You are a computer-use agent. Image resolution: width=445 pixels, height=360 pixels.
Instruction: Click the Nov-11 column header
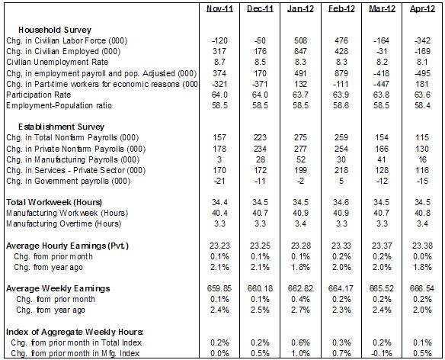tap(219, 9)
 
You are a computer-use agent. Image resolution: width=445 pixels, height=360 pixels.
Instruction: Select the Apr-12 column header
tap(422, 9)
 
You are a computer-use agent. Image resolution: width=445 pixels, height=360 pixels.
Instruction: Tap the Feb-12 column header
tap(341, 9)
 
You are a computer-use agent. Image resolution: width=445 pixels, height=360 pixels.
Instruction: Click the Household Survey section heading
tap(55, 30)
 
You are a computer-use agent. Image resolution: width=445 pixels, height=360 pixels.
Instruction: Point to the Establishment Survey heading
tap(61, 127)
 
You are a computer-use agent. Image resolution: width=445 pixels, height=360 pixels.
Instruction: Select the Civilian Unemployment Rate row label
tap(57, 62)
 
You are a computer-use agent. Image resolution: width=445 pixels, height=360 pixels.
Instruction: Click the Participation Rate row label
tap(39, 95)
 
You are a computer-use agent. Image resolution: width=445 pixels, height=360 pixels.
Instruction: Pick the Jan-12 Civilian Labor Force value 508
tap(300, 40)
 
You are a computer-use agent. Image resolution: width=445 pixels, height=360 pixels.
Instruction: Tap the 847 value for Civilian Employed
tap(300, 51)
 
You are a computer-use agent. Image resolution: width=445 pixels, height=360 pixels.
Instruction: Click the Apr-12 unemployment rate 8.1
tap(422, 62)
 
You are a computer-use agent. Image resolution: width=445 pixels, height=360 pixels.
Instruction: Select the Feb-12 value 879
tap(341, 73)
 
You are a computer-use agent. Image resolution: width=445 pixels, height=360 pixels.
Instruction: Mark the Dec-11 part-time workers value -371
tap(260, 84)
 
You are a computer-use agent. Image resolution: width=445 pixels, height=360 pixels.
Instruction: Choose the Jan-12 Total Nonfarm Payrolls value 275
tap(300, 137)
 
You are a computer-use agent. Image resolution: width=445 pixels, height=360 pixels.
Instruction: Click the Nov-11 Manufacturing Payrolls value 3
tap(219, 159)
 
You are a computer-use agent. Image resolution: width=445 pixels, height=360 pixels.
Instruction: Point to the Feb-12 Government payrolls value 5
tap(341, 181)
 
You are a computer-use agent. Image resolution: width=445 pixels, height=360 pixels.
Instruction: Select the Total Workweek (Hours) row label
tap(54, 202)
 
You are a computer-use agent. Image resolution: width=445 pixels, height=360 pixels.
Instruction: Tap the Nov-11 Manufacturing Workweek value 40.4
tap(219, 213)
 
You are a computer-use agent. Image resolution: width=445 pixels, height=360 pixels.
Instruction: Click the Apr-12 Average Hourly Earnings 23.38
tap(422, 246)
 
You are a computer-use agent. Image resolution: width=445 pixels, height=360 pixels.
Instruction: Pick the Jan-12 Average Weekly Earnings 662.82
tap(300, 288)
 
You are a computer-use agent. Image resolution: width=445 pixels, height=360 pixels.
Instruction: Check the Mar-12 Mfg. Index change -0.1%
tap(382, 353)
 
